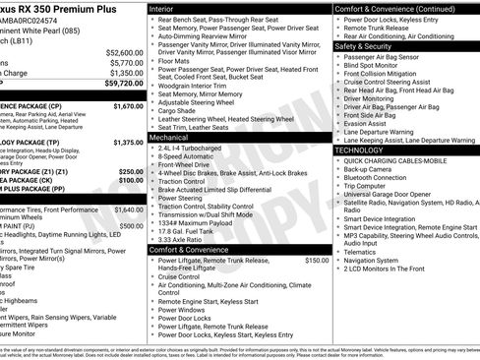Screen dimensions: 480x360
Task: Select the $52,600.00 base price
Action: pos(124,52)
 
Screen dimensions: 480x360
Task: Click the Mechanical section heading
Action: pos(174,139)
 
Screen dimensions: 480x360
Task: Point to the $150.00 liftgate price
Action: pos(317,261)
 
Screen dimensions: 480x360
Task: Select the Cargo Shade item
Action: pos(181,138)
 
